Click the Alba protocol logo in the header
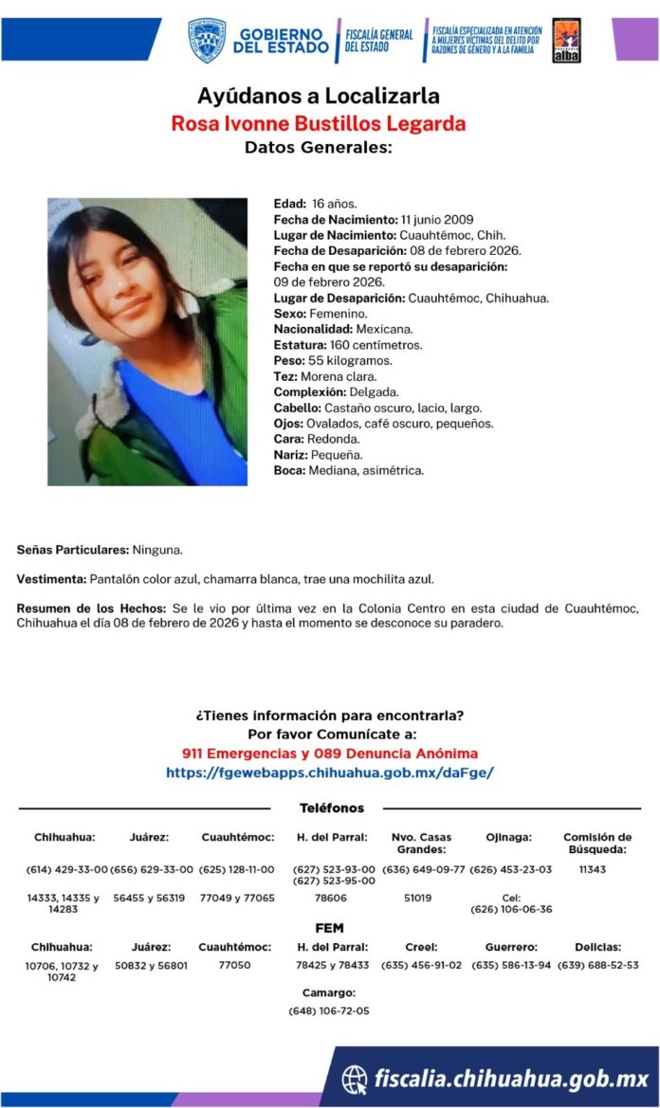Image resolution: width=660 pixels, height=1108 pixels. click(x=566, y=41)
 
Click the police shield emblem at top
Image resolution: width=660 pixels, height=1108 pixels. click(x=207, y=40)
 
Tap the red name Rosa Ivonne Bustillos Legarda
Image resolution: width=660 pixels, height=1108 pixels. click(x=318, y=123)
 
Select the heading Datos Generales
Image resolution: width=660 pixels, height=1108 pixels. click(x=318, y=147)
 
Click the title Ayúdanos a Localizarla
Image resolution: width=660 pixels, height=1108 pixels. click(x=318, y=96)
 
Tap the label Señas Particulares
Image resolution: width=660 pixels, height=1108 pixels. click(x=72, y=550)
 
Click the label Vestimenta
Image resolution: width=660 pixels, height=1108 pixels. click(x=52, y=579)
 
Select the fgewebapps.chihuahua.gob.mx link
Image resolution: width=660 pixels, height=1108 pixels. click(x=330, y=772)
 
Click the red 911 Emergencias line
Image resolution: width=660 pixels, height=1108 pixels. click(x=330, y=754)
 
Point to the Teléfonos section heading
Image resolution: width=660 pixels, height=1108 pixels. click(x=331, y=808)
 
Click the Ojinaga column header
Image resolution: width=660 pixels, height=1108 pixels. click(x=509, y=838)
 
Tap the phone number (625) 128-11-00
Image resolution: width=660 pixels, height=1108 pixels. click(x=237, y=869)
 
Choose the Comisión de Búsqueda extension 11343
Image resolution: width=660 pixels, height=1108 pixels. click(x=593, y=869)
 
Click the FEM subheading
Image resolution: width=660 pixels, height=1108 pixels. click(x=329, y=928)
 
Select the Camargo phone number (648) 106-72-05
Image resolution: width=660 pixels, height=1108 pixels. click(x=329, y=1011)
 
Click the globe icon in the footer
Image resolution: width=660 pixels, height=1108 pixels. click(x=355, y=1079)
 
